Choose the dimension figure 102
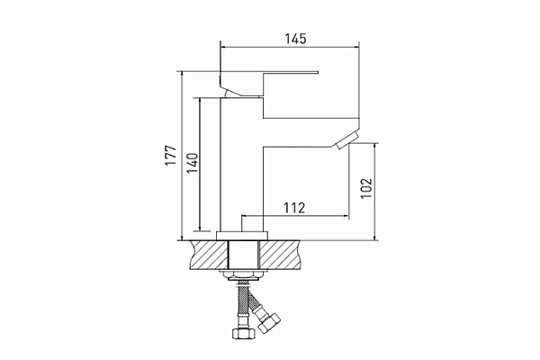[364, 185]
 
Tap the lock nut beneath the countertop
[242, 274]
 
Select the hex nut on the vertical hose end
[242, 334]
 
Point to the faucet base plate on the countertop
[242, 234]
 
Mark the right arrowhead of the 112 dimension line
[346, 216]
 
